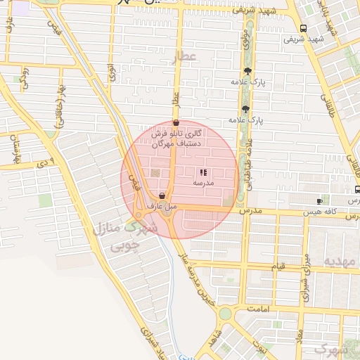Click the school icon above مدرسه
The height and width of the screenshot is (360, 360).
click(x=203, y=172)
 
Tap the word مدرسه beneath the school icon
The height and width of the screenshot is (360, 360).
click(x=203, y=183)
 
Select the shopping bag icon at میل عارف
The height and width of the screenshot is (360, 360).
click(x=162, y=196)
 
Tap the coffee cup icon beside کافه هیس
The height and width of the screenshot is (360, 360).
click(x=320, y=202)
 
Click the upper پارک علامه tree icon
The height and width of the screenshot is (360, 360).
click(x=247, y=70)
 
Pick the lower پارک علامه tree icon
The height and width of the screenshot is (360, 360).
click(x=245, y=108)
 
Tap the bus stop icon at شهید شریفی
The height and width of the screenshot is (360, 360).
click(x=302, y=29)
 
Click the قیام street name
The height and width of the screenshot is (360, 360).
click(x=278, y=267)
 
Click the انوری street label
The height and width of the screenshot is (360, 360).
click(x=112, y=72)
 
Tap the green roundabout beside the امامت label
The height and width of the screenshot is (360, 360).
click(x=225, y=312)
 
